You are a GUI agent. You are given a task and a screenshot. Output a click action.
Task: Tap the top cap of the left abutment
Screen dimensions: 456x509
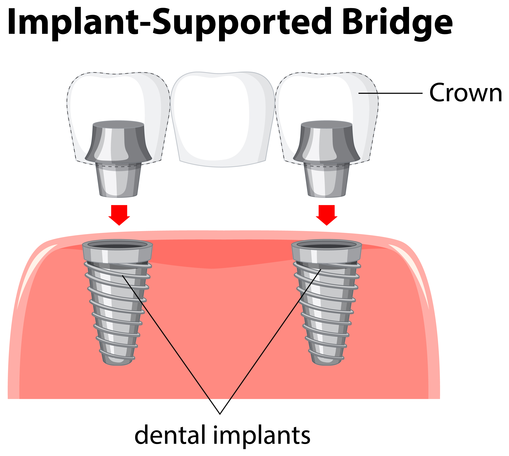[x=118, y=124]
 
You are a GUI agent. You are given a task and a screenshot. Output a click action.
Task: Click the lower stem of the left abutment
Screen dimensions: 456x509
[x=118, y=180]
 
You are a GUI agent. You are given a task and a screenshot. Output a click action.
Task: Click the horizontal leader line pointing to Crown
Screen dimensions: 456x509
[x=390, y=93]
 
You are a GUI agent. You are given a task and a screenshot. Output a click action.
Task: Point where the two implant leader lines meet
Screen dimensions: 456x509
[x=220, y=414]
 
